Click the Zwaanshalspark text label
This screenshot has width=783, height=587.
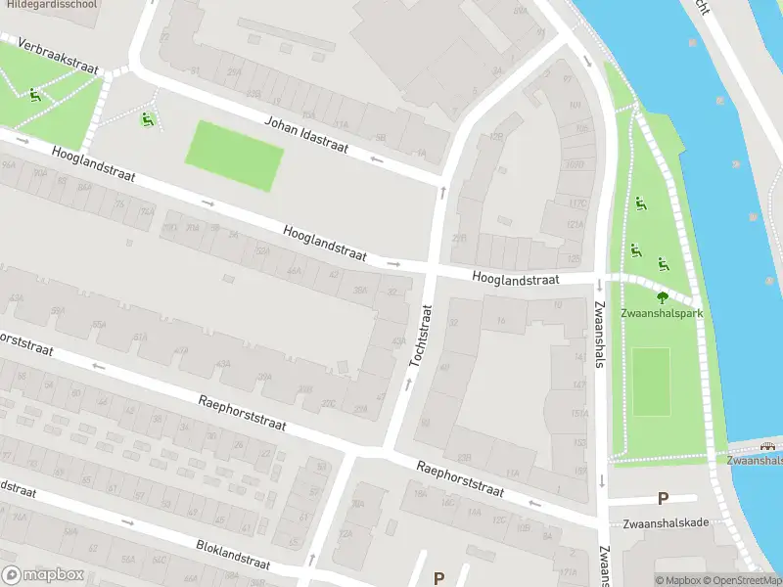[x=662, y=314]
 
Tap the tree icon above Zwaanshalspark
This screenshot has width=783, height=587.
[x=663, y=297]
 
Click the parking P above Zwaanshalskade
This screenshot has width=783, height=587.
[x=663, y=499]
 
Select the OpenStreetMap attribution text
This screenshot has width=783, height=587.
[x=743, y=580]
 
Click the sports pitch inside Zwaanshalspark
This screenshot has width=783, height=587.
[x=651, y=382]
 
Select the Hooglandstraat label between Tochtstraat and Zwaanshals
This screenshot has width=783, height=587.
[x=515, y=279]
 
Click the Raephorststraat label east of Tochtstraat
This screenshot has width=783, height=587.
[x=459, y=479]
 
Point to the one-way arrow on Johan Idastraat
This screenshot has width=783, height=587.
[x=376, y=158]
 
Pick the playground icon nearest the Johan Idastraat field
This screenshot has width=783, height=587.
[x=148, y=119]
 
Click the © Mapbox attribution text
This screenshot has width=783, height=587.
[x=677, y=580]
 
